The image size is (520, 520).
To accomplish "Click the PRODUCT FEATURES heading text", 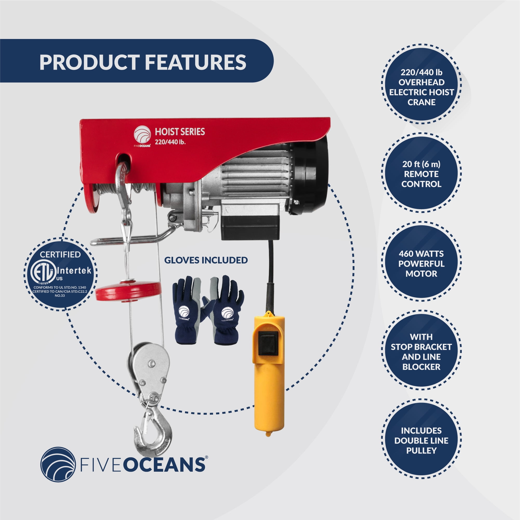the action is pyautogui.click(x=143, y=62).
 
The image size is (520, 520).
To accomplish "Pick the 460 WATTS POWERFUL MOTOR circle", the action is pyautogui.click(x=421, y=264).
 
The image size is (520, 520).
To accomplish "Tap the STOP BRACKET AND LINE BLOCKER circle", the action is pyautogui.click(x=421, y=352).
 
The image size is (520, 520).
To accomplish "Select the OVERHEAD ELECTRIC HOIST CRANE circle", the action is pyautogui.click(x=421, y=87).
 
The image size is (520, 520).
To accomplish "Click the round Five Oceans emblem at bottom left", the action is pyautogui.click(x=58, y=464).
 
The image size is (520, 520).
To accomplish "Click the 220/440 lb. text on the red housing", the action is pyautogui.click(x=170, y=142).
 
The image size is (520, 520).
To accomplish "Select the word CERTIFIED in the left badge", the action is pyautogui.click(x=60, y=254).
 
